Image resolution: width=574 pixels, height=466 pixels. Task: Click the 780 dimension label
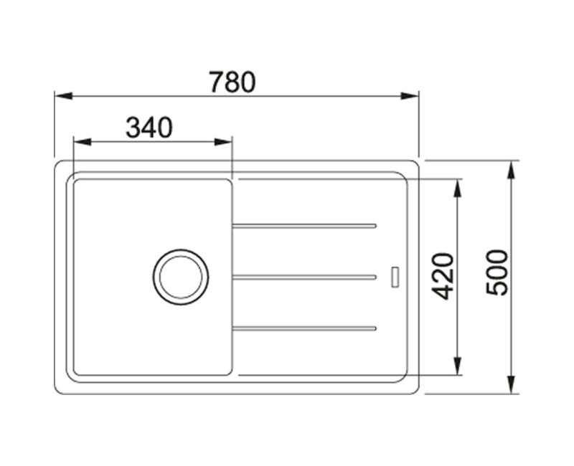click(232, 82)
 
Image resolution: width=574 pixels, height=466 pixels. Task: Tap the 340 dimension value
click(149, 128)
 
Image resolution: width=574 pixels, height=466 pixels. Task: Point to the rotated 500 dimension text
click(497, 273)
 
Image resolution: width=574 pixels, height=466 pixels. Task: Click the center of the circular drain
click(181, 277)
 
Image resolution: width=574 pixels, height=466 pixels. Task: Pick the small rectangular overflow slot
click(395, 277)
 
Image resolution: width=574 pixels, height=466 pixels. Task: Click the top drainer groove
click(304, 226)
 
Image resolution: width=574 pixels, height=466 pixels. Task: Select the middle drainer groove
click(304, 277)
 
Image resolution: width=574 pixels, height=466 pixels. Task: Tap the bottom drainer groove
click(304, 328)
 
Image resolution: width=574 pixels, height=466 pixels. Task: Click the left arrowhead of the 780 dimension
click(63, 96)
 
